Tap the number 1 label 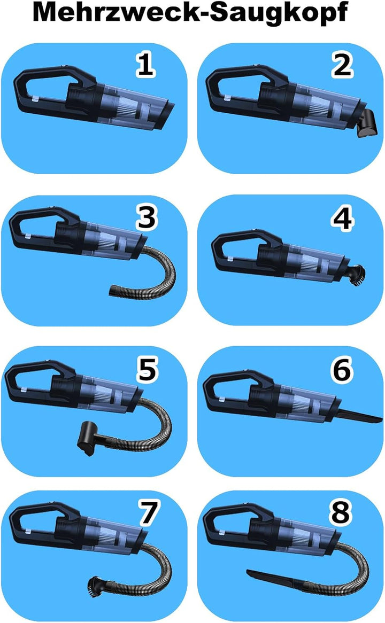[145, 65]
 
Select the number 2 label [342, 65]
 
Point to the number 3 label [147, 217]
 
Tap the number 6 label [342, 370]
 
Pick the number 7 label [148, 512]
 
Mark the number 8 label [341, 512]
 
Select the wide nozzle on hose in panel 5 [87, 439]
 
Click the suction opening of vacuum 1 [168, 115]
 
